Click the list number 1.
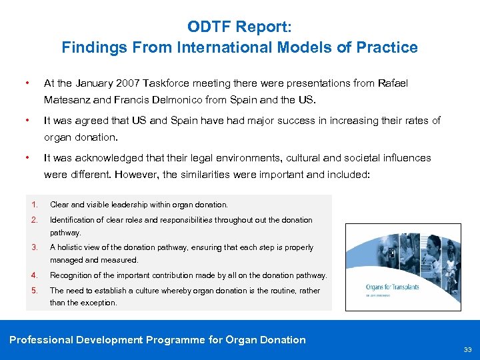(x=33, y=205)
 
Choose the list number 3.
(x=33, y=247)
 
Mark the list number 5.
(x=33, y=291)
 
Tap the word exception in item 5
(x=100, y=303)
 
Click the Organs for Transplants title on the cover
(x=393, y=287)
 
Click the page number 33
(x=468, y=349)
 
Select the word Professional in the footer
(x=41, y=340)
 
